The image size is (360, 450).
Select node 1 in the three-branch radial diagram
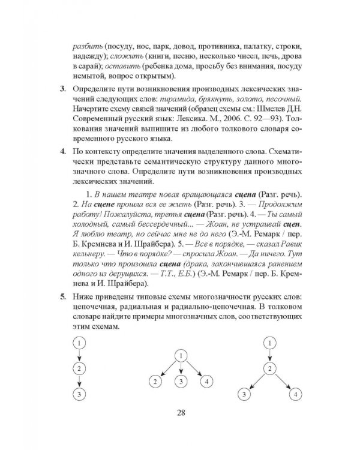click(181, 355)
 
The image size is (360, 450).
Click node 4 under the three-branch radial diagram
click(206, 381)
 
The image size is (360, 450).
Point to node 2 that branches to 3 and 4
click(271, 368)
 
